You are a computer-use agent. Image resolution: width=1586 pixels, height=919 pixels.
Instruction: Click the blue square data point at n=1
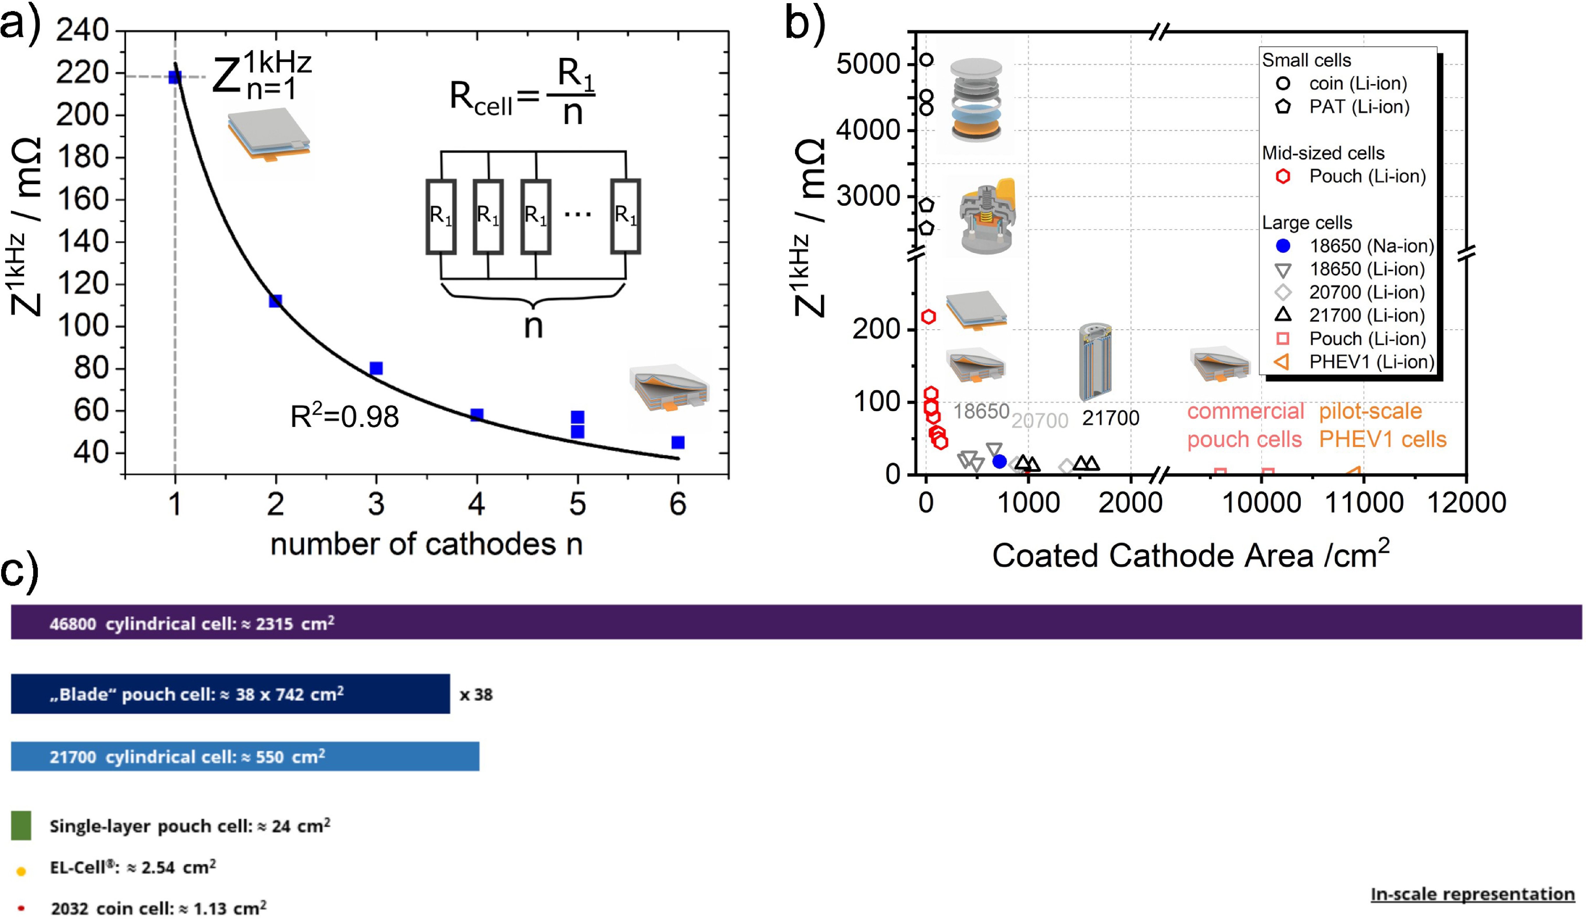point(175,77)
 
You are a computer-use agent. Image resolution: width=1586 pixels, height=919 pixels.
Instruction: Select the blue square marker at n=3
point(376,368)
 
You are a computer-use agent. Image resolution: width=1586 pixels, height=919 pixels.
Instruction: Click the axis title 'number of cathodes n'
point(426,544)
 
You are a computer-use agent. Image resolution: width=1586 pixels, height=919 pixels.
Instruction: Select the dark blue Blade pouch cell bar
point(230,694)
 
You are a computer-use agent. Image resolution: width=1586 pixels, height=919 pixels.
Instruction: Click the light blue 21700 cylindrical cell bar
point(246,756)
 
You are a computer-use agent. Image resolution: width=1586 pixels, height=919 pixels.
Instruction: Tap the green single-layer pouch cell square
point(21,825)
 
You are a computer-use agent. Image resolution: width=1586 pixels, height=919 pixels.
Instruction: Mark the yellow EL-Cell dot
point(21,871)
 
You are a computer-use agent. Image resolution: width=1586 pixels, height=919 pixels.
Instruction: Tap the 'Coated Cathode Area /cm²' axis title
point(1191,553)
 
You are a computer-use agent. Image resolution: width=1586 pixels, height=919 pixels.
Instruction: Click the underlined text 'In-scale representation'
point(1473,894)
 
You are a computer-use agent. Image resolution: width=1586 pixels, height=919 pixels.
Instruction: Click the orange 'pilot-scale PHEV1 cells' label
point(1383,425)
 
